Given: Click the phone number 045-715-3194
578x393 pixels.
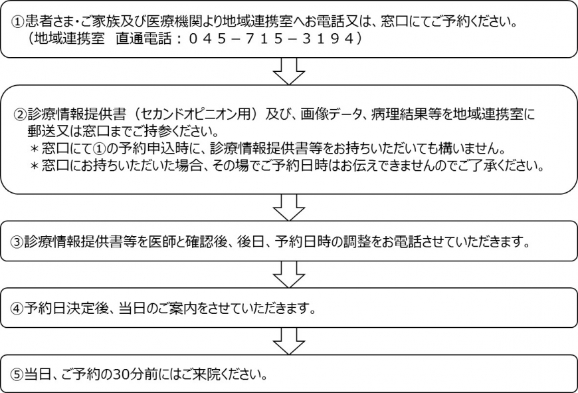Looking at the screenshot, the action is coord(271,39).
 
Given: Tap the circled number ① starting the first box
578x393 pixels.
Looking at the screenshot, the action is coord(18,23).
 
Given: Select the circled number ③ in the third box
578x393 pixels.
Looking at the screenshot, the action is coord(17,243).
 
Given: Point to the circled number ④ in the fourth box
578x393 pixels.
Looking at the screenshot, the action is coord(17,309).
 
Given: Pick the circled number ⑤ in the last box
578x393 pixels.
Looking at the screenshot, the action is coord(17,375).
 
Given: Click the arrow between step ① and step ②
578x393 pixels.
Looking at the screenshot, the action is coord(289,71).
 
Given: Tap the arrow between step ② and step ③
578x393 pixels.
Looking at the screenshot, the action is coord(289,207).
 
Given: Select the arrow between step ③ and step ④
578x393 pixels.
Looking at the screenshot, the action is coord(289,274).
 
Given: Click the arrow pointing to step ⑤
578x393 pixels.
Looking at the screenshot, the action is coord(289,341).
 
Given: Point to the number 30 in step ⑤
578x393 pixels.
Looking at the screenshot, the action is coord(122,375).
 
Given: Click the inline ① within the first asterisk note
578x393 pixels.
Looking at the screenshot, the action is coord(100,149).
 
